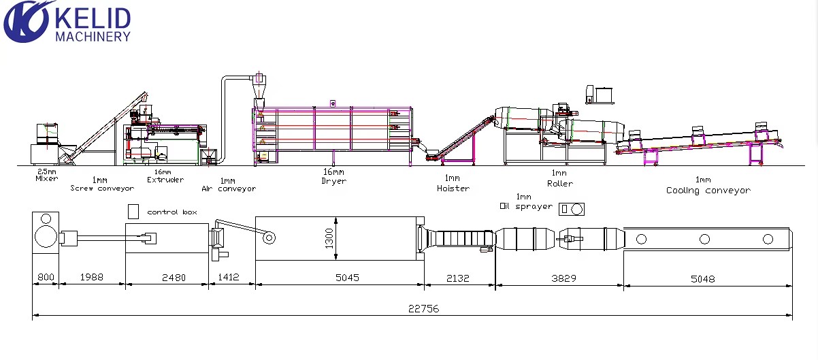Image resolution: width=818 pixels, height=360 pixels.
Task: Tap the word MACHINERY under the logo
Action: [93, 37]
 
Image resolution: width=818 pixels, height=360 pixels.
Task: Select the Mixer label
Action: [47, 178]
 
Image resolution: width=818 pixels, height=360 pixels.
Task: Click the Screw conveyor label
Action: [102, 189]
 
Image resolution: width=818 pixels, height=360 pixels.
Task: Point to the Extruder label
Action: [165, 180]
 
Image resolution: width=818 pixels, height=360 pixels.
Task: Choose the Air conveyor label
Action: [229, 189]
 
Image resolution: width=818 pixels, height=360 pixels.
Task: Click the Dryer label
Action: [333, 181]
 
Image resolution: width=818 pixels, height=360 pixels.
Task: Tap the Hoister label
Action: [453, 189]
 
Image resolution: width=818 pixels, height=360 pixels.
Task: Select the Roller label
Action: [560, 184]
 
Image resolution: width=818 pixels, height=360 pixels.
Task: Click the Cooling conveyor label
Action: [708, 191]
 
